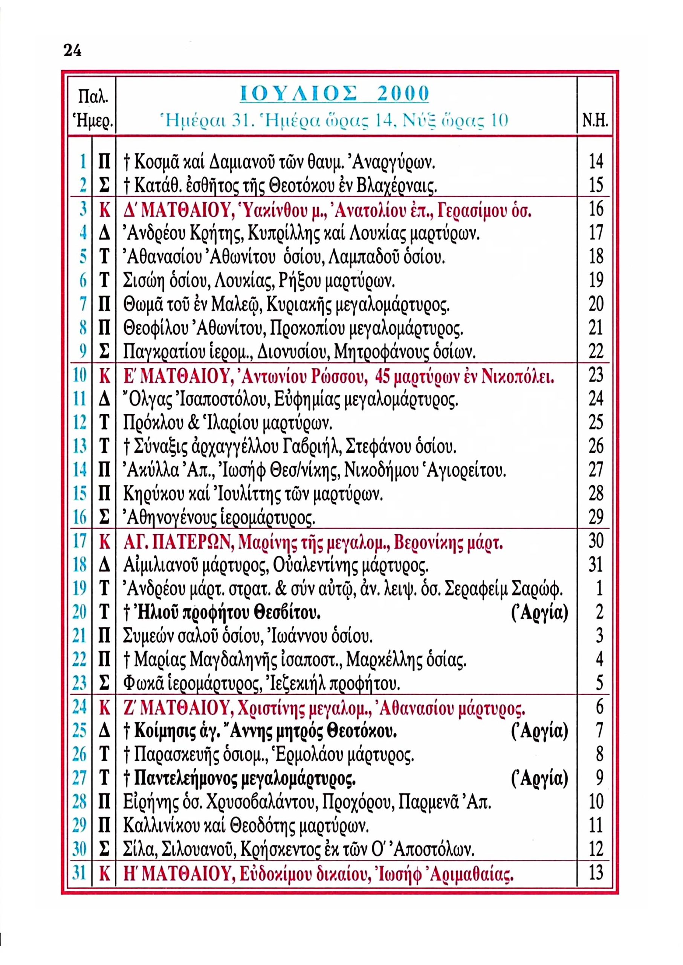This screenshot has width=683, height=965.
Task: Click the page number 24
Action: click(72, 51)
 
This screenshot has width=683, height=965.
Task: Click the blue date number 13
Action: click(79, 446)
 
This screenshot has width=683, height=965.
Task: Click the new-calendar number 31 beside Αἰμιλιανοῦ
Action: click(596, 565)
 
